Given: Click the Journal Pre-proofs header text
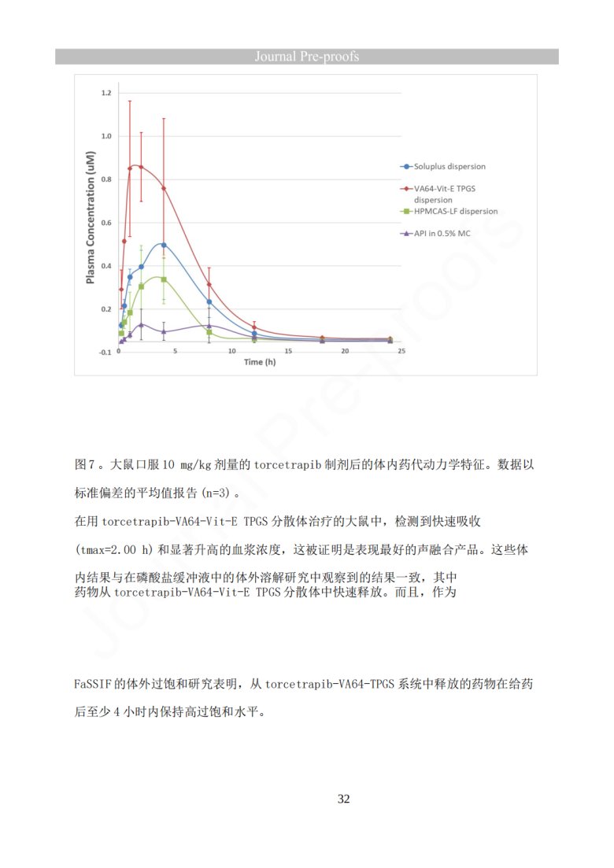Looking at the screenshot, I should pos(307,57).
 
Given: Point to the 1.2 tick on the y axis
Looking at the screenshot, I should pos(105,94).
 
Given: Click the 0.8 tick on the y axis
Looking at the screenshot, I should pos(105,179).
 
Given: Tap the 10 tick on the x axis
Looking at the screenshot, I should pos(231,351).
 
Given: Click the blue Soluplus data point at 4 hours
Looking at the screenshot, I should pos(164,245).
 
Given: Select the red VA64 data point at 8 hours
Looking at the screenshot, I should pos(209,284).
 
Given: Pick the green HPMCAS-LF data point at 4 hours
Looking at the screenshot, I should pos(164,279).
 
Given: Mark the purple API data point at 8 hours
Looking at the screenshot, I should pos(209,325).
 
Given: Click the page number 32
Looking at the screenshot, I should pos(344,800).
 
